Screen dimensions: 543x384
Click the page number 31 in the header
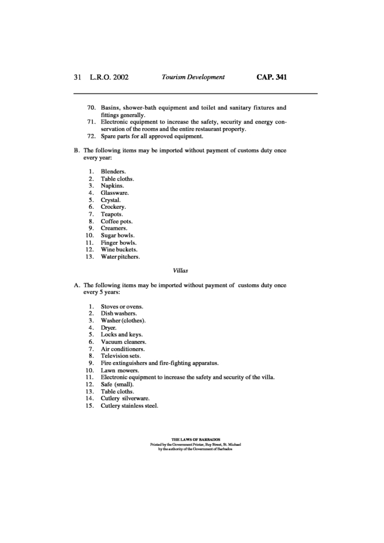click(77, 77)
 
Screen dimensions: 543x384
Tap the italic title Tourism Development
click(193, 77)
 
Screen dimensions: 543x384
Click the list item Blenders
click(113, 172)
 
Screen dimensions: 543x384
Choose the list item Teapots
click(112, 214)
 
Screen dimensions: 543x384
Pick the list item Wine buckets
click(119, 249)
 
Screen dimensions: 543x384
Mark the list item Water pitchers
click(121, 256)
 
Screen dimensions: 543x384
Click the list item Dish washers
click(119, 314)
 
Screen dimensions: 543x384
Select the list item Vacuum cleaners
click(123, 342)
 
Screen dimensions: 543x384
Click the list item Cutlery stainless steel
click(129, 405)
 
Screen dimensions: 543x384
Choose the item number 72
click(92, 137)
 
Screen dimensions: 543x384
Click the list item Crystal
click(111, 200)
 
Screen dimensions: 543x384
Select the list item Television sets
click(121, 356)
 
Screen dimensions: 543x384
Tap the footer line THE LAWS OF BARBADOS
click(191, 440)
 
